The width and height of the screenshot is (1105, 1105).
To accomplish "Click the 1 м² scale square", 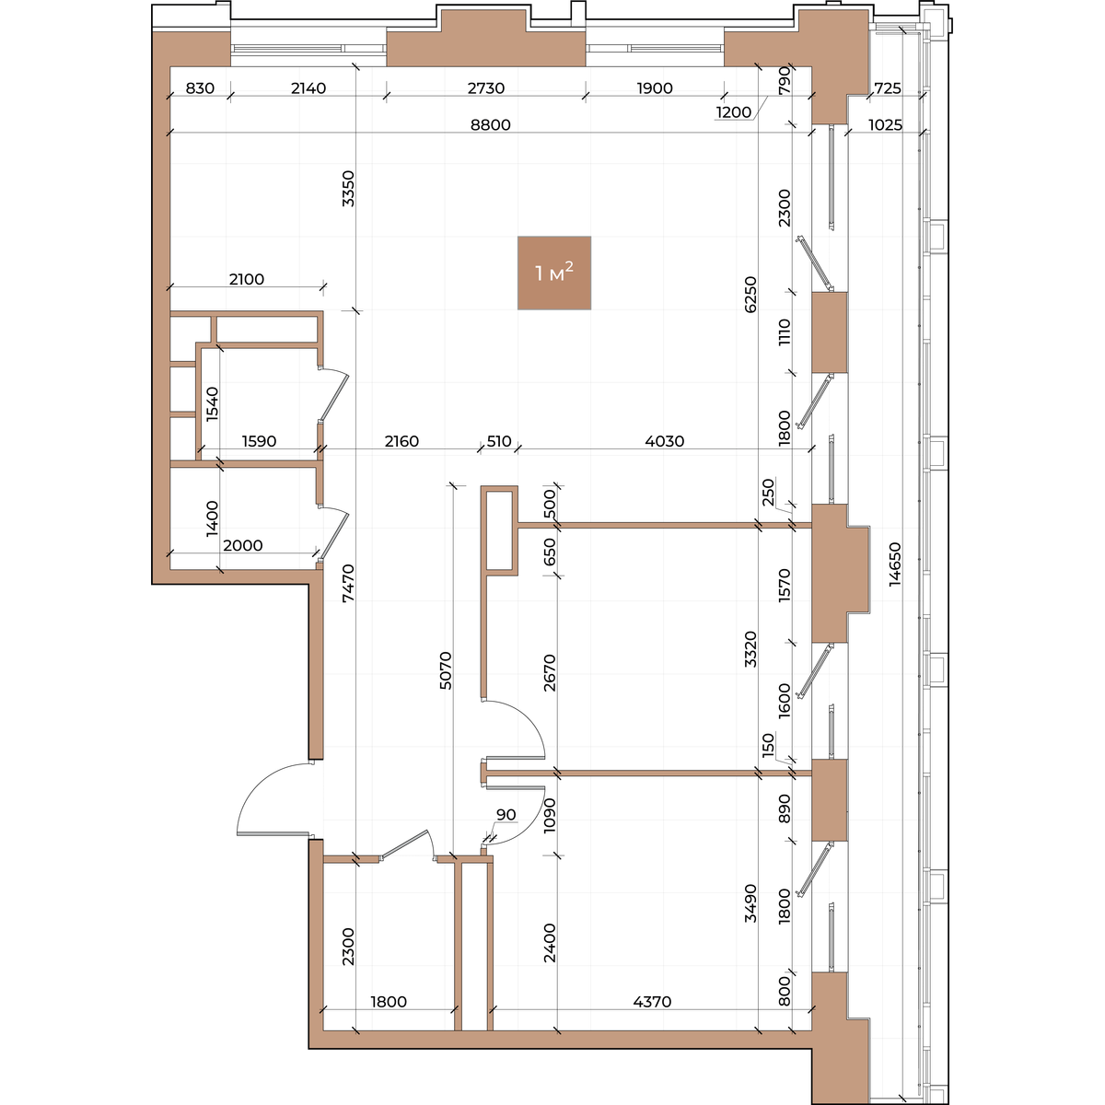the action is (x=554, y=273).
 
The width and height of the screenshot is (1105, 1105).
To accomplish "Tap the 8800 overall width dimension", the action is (x=490, y=125).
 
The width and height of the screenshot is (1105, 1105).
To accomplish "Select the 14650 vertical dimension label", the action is (x=894, y=564).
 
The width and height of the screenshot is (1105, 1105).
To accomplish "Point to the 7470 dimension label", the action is (x=348, y=583).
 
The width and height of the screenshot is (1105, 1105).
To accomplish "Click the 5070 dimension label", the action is (x=446, y=670).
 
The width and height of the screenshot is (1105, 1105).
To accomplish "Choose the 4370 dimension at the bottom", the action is (x=652, y=1001).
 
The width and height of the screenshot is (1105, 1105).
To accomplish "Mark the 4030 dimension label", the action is (x=665, y=441).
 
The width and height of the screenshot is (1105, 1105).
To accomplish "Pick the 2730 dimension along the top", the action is (x=485, y=88).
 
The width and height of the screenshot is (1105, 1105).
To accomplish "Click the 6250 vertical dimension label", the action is (x=750, y=295).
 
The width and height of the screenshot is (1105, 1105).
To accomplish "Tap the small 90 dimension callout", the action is (x=506, y=814).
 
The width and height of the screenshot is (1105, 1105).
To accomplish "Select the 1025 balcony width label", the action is (x=885, y=125).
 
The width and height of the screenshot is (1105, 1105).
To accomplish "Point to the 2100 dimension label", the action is (x=247, y=279).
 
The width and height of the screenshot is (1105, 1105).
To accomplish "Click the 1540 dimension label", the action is (x=212, y=404).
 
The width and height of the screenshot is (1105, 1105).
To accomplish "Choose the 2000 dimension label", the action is (x=243, y=545).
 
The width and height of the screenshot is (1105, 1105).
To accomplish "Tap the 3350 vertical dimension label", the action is (x=348, y=189).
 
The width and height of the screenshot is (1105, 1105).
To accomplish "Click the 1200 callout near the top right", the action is (x=733, y=111).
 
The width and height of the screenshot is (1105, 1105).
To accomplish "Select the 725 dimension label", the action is (x=889, y=88).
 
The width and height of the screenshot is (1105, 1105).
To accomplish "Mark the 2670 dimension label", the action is (x=550, y=672).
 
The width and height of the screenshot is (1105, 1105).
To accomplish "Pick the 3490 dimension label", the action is (x=750, y=903).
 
